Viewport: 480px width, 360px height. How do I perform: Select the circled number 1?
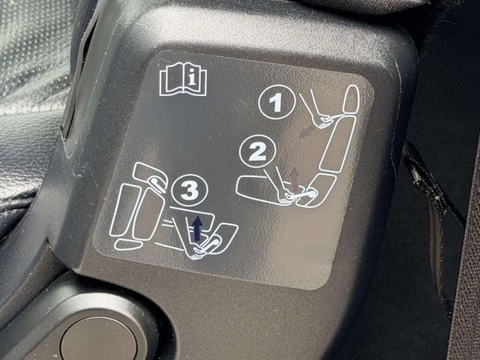coord(277,102)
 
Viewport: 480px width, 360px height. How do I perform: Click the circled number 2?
coord(257,152)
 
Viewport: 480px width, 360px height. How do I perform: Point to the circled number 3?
coord(190,190)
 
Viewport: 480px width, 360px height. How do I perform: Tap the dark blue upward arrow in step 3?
coord(198,228)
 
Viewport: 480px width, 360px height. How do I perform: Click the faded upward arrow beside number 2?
coord(295,181)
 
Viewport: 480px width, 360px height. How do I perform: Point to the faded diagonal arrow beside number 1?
coord(307,130)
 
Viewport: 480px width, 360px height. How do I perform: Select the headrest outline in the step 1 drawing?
coord(351,100)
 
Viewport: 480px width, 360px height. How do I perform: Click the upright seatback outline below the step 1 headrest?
coord(337,144)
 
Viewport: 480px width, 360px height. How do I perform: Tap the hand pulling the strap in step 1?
coord(322,120)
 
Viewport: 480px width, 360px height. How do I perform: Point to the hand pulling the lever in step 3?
coord(196,251)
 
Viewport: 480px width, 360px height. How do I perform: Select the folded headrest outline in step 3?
coord(151,177)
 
